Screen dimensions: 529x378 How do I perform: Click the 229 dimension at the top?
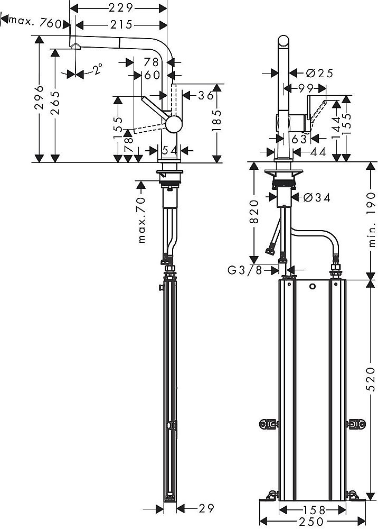coord(118,7)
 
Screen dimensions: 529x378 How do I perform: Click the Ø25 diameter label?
coord(318,74)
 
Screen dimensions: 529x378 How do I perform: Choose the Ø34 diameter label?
coord(317,197)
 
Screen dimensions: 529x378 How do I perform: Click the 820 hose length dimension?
coord(253,213)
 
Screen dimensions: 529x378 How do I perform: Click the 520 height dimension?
coord(370,387)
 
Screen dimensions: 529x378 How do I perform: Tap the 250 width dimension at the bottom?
coord(310,521)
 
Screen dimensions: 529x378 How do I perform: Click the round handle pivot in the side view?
coord(173,125)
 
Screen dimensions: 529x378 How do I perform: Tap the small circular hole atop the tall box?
coord(312,287)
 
